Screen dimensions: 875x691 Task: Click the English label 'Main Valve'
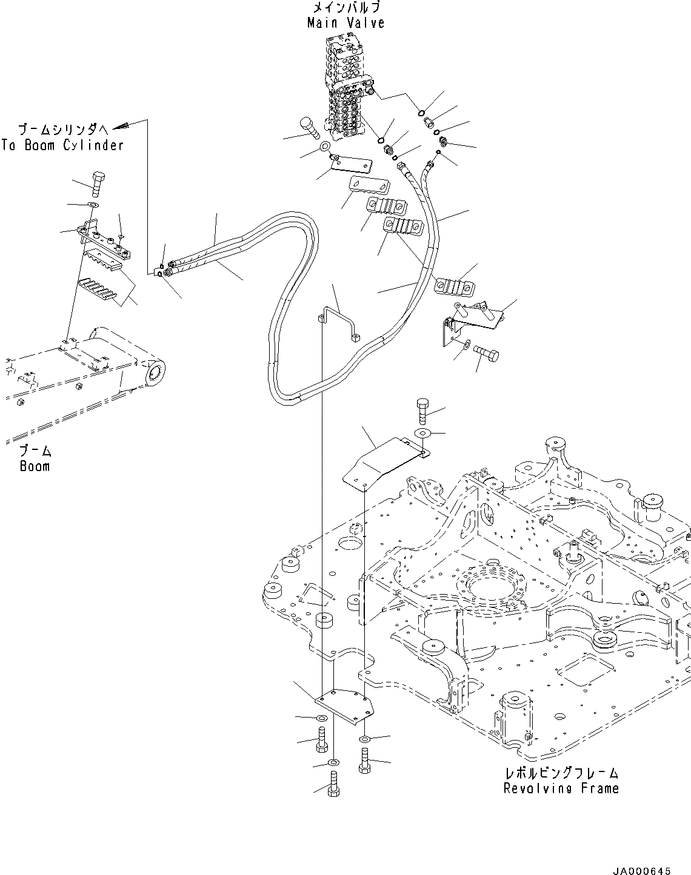click(x=345, y=23)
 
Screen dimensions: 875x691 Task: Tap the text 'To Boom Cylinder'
click(x=62, y=145)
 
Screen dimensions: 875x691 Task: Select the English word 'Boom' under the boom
click(x=35, y=466)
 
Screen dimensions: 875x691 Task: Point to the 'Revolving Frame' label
click(x=561, y=788)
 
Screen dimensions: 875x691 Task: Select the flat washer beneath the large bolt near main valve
click(x=324, y=147)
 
